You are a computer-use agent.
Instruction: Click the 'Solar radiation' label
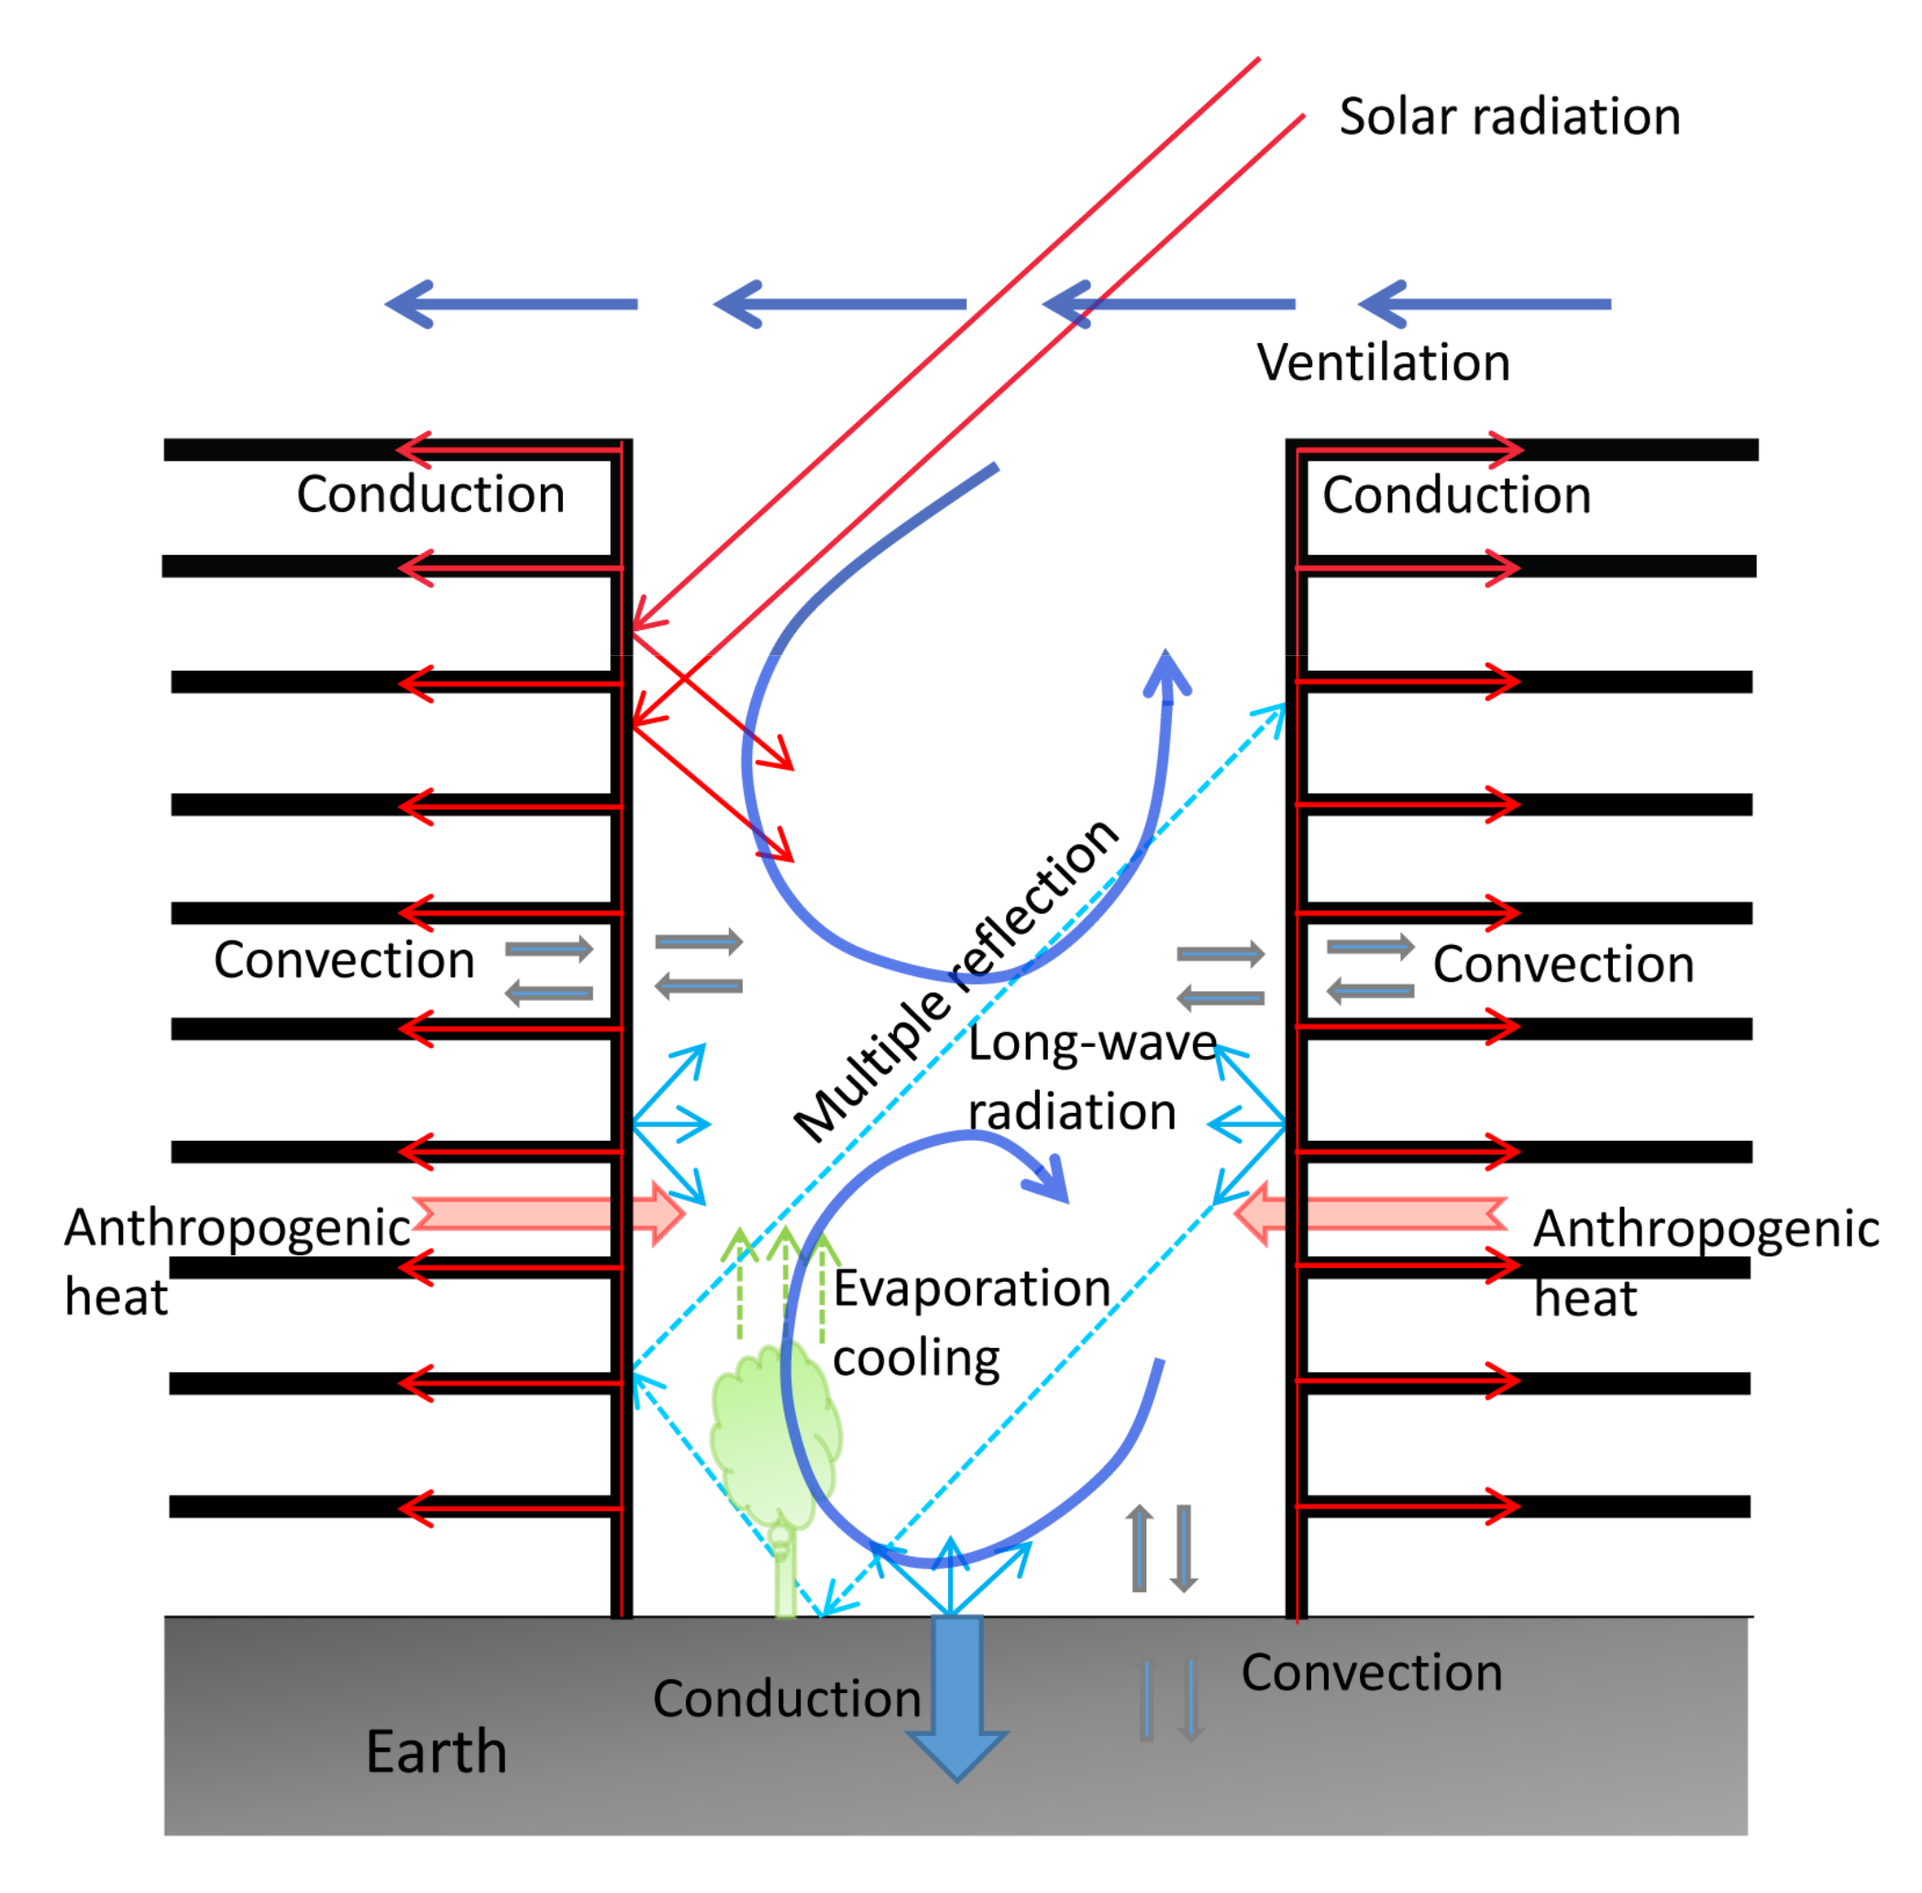(1508, 117)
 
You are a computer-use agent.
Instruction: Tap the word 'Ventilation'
(1383, 362)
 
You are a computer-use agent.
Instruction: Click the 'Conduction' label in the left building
(430, 495)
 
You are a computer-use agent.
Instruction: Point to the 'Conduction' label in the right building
(1455, 496)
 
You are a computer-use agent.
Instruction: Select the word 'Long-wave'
(1091, 1043)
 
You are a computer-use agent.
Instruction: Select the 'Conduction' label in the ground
(786, 1698)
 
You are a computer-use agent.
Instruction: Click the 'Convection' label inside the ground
(1371, 1672)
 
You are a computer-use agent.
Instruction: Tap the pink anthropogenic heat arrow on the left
(547, 1214)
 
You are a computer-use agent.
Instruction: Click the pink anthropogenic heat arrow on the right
(1372, 1214)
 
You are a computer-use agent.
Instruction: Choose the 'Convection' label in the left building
(344, 961)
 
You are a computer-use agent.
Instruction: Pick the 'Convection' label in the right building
(1563, 964)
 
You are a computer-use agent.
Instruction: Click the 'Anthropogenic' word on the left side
(237, 1228)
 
